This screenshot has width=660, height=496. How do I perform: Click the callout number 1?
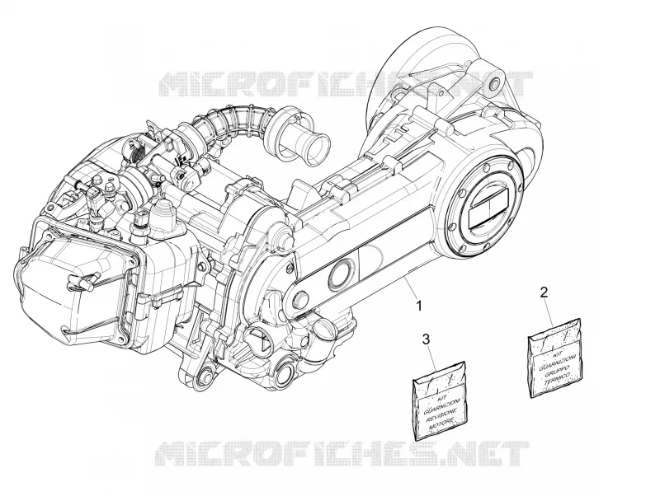(x=419, y=306)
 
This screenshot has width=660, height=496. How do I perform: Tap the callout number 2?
(x=544, y=292)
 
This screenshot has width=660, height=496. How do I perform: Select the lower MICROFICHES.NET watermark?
(x=342, y=453)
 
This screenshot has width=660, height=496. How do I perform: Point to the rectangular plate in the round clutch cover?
(x=489, y=208)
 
